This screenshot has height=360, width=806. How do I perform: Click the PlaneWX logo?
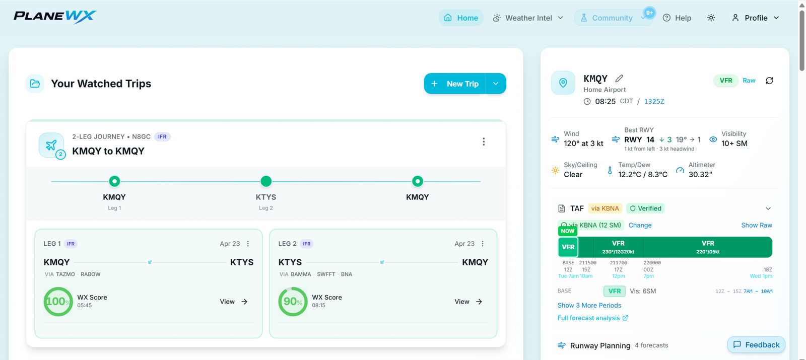pos(55,17)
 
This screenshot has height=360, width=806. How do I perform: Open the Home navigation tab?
pos(461,18)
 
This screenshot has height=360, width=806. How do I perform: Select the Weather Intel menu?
pos(528,18)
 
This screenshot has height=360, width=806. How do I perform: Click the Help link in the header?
pos(677,18)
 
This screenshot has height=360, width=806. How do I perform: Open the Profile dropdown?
pos(755,18)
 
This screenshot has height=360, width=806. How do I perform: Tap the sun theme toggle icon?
pos(711,18)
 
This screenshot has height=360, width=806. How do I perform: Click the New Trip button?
pos(455,84)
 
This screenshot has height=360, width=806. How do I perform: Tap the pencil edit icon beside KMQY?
pos(619,78)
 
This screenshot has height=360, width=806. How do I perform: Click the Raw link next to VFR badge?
pos(749,81)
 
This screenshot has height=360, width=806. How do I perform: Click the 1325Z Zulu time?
pos(654,101)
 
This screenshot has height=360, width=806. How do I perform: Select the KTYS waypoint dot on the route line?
pos(266,181)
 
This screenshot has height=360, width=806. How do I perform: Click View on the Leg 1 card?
pos(234,302)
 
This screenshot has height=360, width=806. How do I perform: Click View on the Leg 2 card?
pos(468,302)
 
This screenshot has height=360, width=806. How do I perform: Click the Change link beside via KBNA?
pos(640,225)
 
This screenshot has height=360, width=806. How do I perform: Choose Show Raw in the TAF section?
pos(756,225)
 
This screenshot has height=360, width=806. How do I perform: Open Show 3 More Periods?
pos(589,305)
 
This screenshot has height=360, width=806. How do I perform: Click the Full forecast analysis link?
pos(592,318)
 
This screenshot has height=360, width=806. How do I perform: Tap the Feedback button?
pos(756,344)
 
